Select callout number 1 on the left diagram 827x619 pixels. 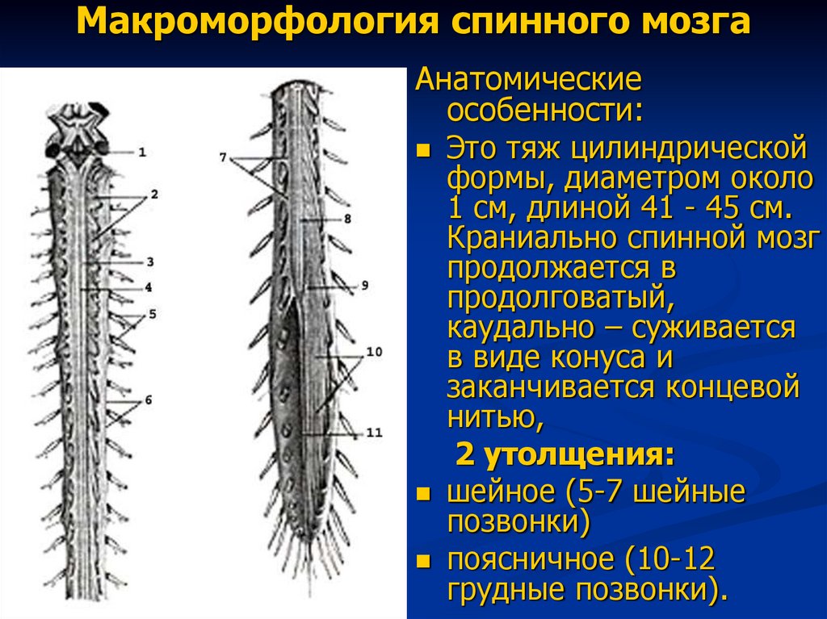(141, 151)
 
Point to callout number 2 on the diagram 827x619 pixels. (153, 194)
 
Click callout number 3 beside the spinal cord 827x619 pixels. (149, 262)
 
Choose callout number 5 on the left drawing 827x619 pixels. (151, 313)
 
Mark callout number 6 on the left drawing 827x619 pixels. (149, 399)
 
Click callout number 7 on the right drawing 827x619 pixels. (223, 157)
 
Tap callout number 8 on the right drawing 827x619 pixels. (346, 218)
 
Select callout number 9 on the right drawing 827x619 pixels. (365, 285)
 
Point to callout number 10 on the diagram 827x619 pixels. (373, 352)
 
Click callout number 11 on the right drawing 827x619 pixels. (373, 433)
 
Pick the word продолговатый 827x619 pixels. (557, 297)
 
